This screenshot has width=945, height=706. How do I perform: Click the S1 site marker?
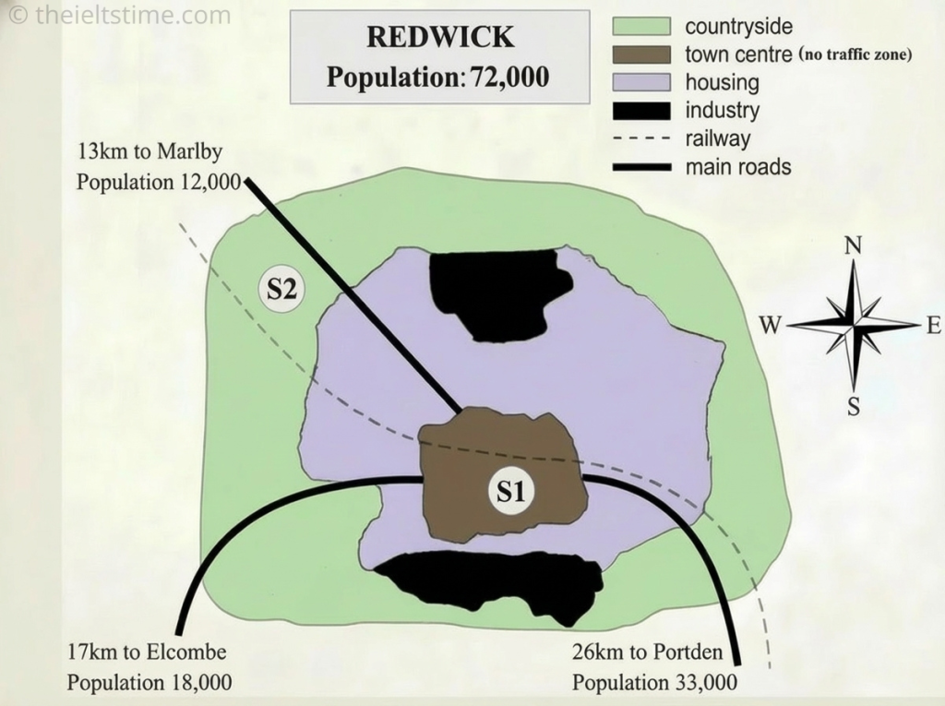511,491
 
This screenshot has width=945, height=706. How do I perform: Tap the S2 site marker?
281,290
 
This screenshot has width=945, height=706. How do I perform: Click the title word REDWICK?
439,37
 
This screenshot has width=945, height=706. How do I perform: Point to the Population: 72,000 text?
437,77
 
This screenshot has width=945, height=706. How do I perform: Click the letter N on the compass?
854,245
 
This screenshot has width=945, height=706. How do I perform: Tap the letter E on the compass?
933,325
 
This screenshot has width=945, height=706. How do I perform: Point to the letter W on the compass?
771,325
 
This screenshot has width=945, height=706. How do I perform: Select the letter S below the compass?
854,406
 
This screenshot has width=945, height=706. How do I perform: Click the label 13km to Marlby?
150,151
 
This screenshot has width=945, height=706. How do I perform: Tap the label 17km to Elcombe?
147,652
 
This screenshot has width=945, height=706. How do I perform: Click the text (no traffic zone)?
855,55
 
